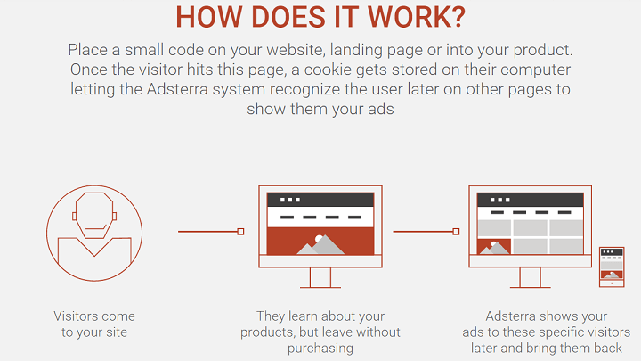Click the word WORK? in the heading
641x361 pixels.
point(416,17)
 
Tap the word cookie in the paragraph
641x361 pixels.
point(328,70)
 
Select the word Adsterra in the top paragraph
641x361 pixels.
point(177,89)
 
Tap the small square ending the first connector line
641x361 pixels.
point(240,232)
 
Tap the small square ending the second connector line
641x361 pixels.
point(456,232)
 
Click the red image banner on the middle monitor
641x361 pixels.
point(320,241)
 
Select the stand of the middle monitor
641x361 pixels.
point(320,278)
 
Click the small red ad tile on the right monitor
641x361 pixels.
point(494,247)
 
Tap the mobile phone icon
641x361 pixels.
point(612,267)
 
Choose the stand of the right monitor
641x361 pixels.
point(531,278)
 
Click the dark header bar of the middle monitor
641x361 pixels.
point(320,200)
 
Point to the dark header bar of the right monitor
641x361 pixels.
point(531,200)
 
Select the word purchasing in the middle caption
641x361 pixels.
point(320,349)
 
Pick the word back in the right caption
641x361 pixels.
point(608,349)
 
